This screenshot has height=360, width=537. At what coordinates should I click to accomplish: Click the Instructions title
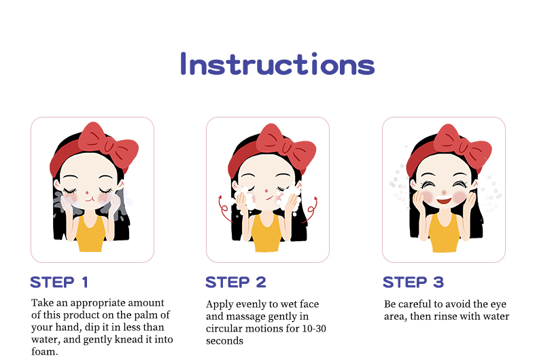277,64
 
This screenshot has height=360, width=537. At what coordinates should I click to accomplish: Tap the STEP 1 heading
59,283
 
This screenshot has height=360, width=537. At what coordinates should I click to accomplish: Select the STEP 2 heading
236,283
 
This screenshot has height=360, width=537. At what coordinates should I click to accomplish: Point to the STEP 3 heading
413,283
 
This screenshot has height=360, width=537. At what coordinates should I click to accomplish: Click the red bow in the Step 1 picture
109,145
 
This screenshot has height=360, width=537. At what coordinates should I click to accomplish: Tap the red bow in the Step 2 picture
286,146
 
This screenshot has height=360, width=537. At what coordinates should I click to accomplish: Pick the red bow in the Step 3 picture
463,147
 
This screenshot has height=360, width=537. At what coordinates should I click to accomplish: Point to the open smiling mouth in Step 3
444,200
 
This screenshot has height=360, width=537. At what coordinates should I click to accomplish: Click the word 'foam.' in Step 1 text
44,352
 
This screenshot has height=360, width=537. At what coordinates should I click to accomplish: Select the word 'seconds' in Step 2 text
225,341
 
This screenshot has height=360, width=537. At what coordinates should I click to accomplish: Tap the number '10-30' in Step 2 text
314,329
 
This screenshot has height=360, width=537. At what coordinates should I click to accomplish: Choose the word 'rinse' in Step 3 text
445,317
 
